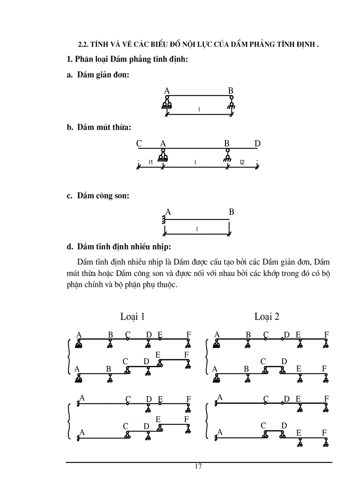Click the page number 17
point(198,467)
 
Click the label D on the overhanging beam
point(257,143)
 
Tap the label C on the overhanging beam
point(139,143)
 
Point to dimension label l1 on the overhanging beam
point(150,163)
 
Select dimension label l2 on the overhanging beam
point(242,163)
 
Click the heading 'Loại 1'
point(132,316)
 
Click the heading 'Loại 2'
point(266,316)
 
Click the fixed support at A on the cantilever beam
point(164,219)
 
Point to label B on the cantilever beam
point(231,212)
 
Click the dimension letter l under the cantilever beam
point(197,229)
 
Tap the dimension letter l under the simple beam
point(199,109)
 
